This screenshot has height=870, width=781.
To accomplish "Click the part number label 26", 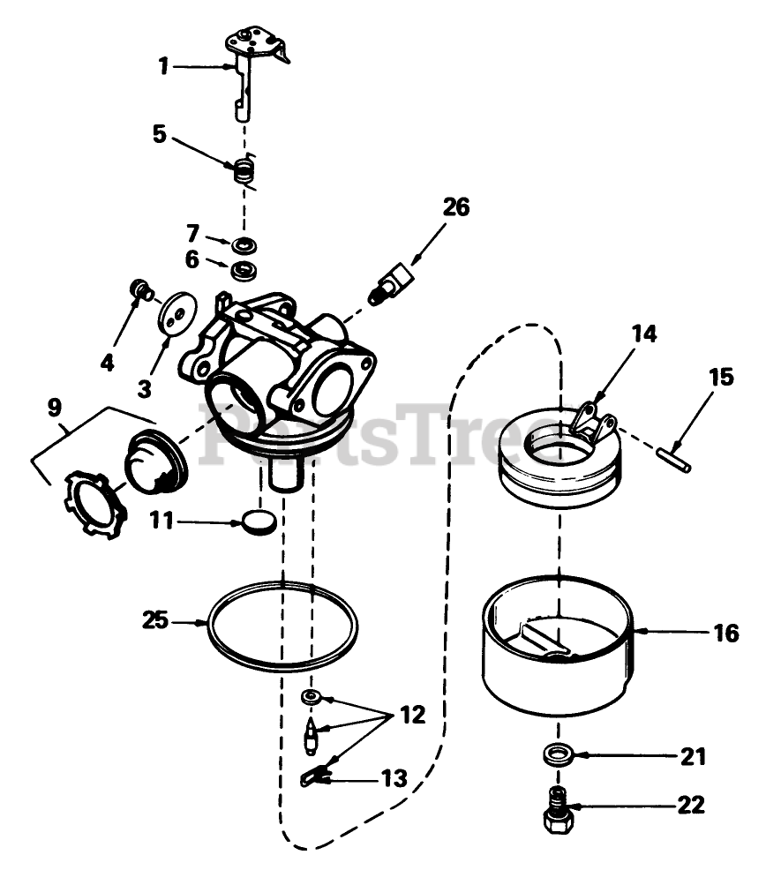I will (x=455, y=207).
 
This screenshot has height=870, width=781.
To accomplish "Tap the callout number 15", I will (x=720, y=378).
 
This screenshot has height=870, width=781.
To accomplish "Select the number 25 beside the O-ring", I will (x=155, y=620).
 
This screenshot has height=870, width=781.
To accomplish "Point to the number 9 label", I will (x=55, y=408).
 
